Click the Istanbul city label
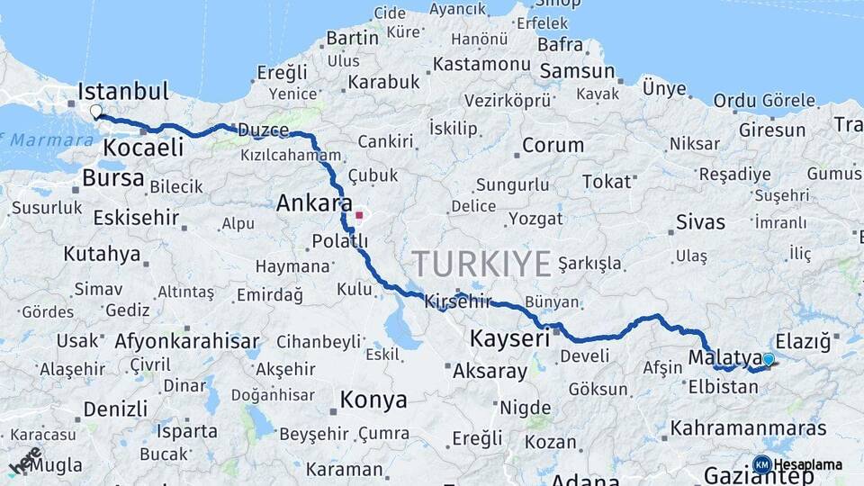click(123, 91)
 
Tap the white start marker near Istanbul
click(96, 112)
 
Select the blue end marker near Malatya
click(768, 360)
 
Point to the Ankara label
click(314, 203)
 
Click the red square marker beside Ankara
click(359, 215)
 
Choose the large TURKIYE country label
click(481, 264)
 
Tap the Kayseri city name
click(509, 339)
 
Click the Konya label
click(373, 400)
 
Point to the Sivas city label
click(700, 221)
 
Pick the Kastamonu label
click(481, 65)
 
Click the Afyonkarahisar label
click(186, 342)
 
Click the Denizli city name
click(115, 409)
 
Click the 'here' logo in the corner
click(25, 460)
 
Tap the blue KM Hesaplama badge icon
click(762, 464)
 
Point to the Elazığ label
click(802, 341)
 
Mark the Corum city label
click(553, 145)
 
